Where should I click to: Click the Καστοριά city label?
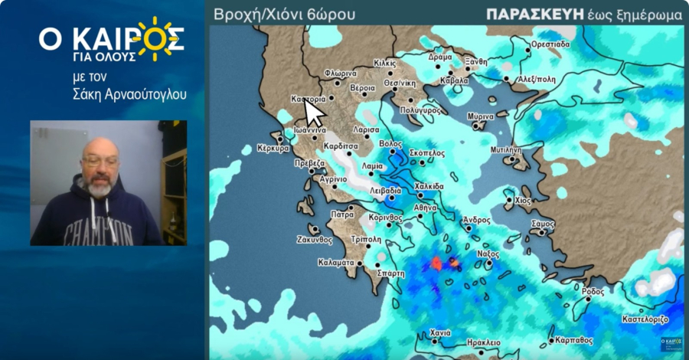(x=309, y=100)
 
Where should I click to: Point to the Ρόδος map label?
(x=593, y=292)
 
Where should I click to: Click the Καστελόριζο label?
(x=645, y=318)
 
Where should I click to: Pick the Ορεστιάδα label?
(x=550, y=44)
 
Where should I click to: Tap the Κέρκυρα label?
(x=272, y=149)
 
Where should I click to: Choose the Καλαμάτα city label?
(x=336, y=263)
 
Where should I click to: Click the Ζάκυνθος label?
(x=315, y=239)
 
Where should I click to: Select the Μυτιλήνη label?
(x=505, y=150)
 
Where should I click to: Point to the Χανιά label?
(x=440, y=333)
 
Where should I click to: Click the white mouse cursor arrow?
(x=315, y=114)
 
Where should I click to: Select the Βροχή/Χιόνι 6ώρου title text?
(x=285, y=15)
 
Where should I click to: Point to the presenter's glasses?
(x=100, y=161)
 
